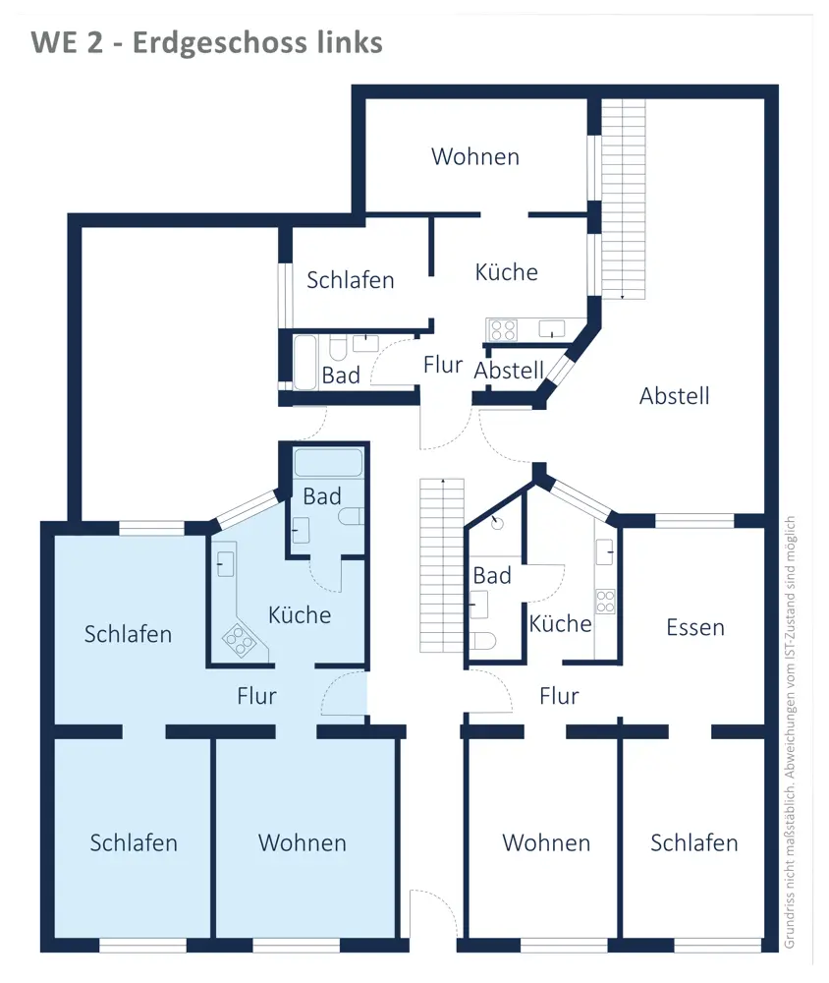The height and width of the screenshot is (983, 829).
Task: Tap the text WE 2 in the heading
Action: coord(67,43)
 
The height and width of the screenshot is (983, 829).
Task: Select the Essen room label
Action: coord(694,627)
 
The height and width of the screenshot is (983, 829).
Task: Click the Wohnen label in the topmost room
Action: coord(475,156)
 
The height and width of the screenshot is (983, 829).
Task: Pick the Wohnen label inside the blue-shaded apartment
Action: coord(303,842)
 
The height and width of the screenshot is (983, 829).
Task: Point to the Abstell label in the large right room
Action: coord(674,396)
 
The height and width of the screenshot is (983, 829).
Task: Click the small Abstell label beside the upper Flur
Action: coord(509,371)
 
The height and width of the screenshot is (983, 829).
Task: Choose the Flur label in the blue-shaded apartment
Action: coord(256,696)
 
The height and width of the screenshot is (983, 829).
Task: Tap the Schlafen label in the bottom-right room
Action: coord(693,842)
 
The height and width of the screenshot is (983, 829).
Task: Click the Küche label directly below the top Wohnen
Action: coord(506,271)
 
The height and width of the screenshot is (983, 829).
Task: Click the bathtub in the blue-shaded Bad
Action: coord(329,463)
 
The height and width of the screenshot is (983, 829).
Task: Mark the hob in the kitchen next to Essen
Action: coord(605,601)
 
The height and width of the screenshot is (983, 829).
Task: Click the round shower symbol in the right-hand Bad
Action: coord(498,524)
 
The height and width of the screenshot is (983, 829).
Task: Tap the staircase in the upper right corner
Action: coord(624,197)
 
